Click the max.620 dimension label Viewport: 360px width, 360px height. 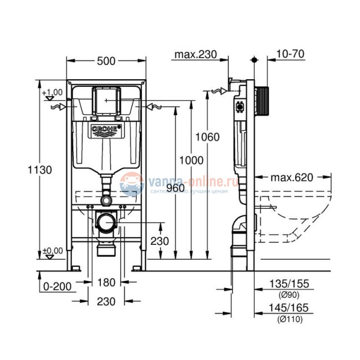pyautogui.click(x=292, y=178)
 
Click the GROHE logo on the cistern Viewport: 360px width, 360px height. pyautogui.click(x=105, y=131)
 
